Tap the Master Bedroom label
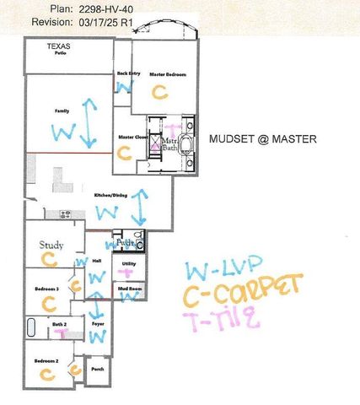pyautogui.click(x=168, y=75)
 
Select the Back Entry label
pyautogui.click(x=128, y=74)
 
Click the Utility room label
pyautogui.click(x=129, y=264)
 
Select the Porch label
pyautogui.click(x=98, y=369)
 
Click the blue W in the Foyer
pyautogui.click(x=97, y=337)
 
